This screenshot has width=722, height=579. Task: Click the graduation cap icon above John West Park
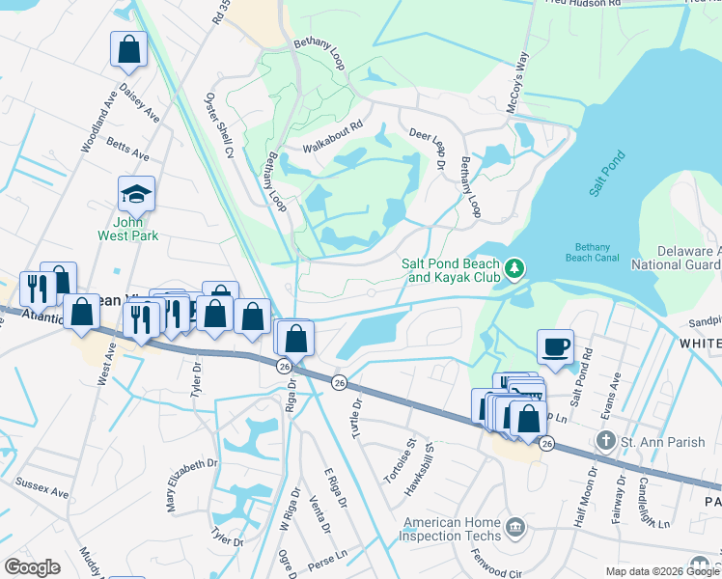click(136, 194)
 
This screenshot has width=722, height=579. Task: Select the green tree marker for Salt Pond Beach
click(516, 265)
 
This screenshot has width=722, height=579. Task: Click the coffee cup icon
click(555, 345)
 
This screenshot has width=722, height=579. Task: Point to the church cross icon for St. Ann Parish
click(605, 442)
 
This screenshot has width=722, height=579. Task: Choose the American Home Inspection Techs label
click(452, 529)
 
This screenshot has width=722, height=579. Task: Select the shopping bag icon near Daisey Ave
click(128, 49)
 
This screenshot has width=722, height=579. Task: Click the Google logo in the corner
click(33, 567)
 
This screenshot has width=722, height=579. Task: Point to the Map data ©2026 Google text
click(660, 571)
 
